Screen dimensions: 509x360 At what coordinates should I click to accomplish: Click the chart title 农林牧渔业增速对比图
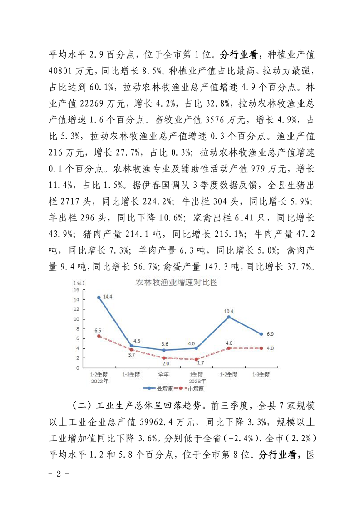(177, 282)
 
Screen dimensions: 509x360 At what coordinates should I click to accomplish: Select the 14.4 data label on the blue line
(107, 297)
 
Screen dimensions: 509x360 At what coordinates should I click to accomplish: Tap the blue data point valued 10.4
(229, 317)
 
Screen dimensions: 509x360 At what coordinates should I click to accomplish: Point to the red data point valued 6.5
(99, 336)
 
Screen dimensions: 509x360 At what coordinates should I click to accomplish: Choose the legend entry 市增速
(192, 388)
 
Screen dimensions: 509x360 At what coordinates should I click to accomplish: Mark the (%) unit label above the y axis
(78, 283)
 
